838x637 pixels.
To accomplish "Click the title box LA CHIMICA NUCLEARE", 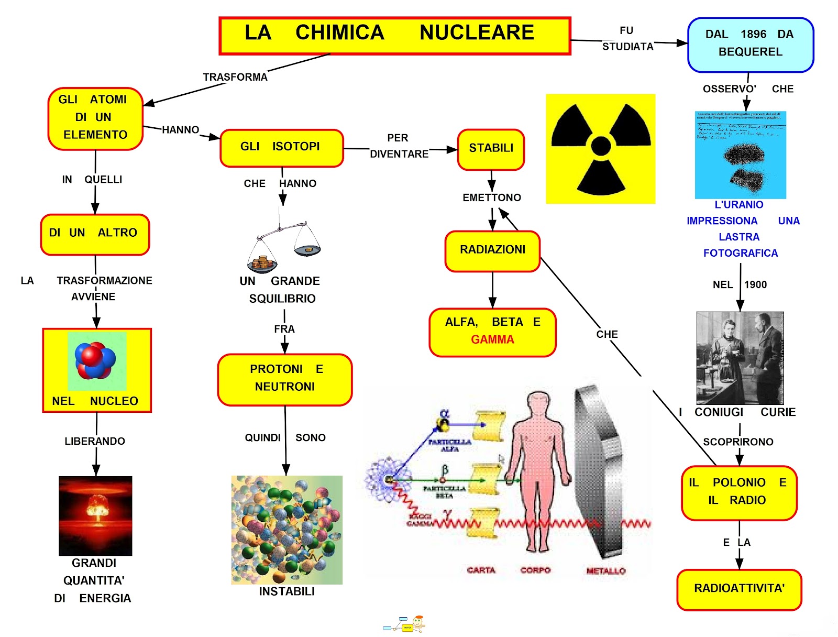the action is (394, 36).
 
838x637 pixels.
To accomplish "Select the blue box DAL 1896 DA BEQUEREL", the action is (750, 45).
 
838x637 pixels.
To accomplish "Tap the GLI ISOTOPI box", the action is (281, 148).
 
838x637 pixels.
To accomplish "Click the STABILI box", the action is (491, 149).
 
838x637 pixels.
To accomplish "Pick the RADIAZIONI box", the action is (492, 251).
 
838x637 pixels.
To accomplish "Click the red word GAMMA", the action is (492, 340).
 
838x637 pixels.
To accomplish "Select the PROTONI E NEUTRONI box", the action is (284, 379).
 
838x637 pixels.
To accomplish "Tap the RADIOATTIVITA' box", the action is (739, 589).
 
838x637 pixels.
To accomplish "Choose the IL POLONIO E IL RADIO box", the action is (738, 492).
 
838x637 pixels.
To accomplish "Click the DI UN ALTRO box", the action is (94, 234).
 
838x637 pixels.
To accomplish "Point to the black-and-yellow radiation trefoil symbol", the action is (600, 149).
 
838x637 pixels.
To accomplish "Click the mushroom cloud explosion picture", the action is (95, 515).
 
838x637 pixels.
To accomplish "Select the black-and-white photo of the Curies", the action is (740, 358).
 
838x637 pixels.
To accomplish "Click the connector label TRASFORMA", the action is (235, 78).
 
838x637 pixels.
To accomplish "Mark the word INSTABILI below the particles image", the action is (286, 591).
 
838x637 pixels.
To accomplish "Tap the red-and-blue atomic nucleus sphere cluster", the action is (95, 360).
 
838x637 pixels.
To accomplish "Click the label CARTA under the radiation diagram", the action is (481, 570).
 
